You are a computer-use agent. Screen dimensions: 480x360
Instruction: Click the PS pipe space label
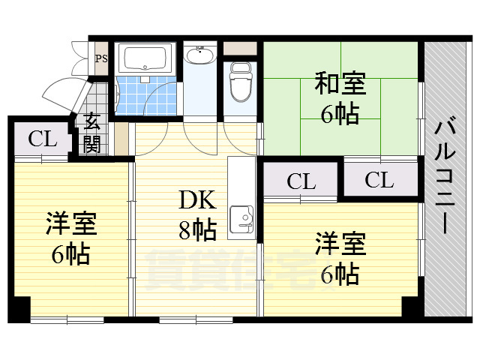(101, 58)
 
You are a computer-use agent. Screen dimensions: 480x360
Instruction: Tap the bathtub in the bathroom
(145, 58)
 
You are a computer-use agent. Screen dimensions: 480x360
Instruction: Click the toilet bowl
(241, 82)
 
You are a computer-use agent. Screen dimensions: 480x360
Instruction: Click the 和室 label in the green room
(340, 83)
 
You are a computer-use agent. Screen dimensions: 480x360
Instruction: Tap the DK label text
(198, 199)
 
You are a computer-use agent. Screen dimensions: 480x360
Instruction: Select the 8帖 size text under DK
(198, 229)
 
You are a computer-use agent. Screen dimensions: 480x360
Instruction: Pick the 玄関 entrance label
(91, 133)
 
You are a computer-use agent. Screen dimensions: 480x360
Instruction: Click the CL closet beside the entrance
(43, 139)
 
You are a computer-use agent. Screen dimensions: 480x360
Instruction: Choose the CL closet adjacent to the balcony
(379, 180)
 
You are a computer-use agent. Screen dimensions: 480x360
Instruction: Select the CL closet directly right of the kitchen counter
(301, 181)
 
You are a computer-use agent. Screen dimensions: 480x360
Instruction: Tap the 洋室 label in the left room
(71, 223)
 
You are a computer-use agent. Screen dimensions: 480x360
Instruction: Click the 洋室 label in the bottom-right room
(340, 244)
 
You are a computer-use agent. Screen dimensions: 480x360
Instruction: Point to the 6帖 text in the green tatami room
(340, 114)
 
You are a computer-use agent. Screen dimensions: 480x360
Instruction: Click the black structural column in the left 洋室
(22, 308)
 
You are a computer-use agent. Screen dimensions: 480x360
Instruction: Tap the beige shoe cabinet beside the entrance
(121, 139)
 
